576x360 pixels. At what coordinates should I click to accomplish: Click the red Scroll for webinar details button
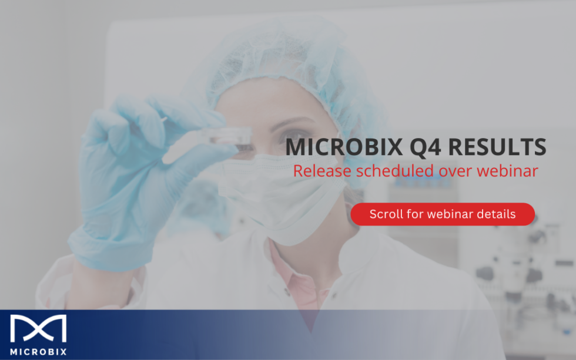coord(442,214)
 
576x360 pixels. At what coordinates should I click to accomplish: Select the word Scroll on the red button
coord(386,214)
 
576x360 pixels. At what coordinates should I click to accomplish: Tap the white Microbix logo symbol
coord(38,329)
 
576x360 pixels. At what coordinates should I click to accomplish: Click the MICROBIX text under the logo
coord(38,352)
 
